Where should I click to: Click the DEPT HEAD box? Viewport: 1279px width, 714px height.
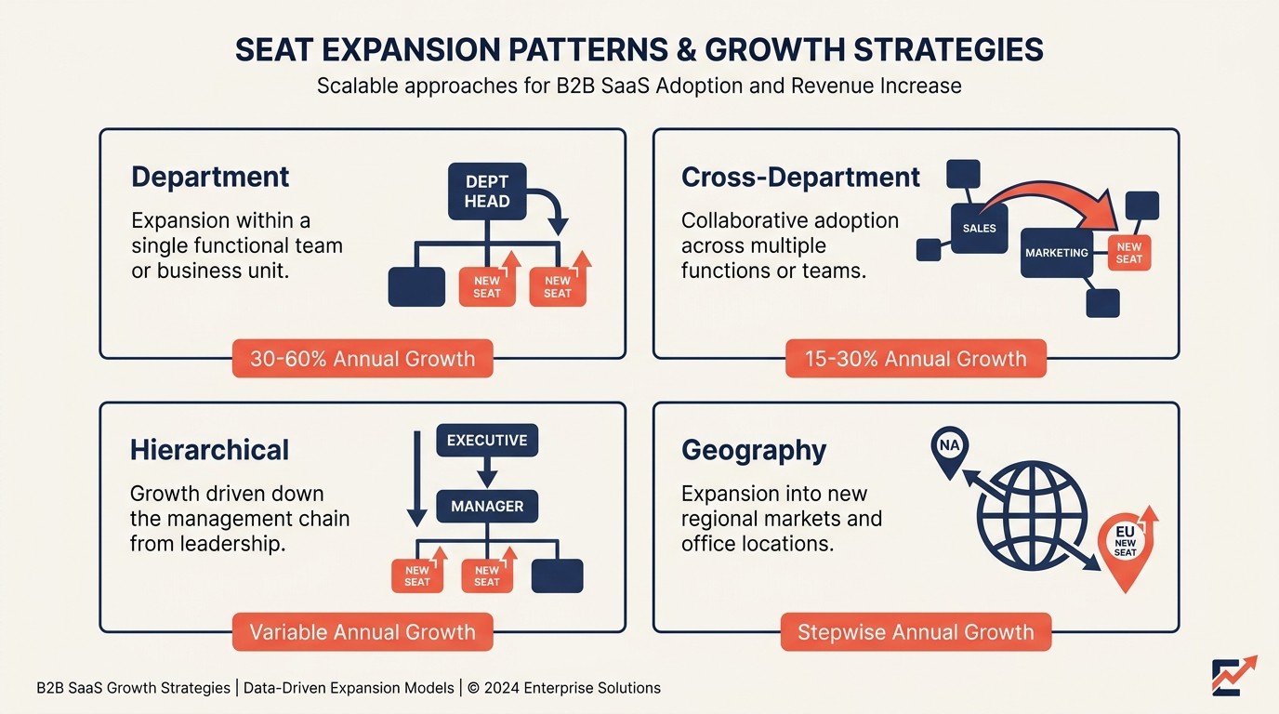487,192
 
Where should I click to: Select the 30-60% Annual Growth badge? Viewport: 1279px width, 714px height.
363,359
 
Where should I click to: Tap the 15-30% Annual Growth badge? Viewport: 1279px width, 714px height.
916,359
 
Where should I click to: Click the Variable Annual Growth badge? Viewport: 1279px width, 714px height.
363,632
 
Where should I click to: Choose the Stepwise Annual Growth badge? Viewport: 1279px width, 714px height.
916,632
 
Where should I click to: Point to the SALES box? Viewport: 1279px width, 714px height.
979,228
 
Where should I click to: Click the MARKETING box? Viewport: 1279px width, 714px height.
1056,252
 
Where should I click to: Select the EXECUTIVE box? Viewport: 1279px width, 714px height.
487,441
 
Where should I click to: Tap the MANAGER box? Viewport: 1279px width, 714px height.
487,507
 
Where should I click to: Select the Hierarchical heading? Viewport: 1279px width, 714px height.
209,450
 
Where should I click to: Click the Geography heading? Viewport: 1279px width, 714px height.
754,450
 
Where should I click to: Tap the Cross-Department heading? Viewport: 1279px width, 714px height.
800,177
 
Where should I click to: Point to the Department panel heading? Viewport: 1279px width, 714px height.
210,177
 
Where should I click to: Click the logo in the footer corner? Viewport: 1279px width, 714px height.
1233,676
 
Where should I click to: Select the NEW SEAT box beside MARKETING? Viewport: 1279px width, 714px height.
1129,252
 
